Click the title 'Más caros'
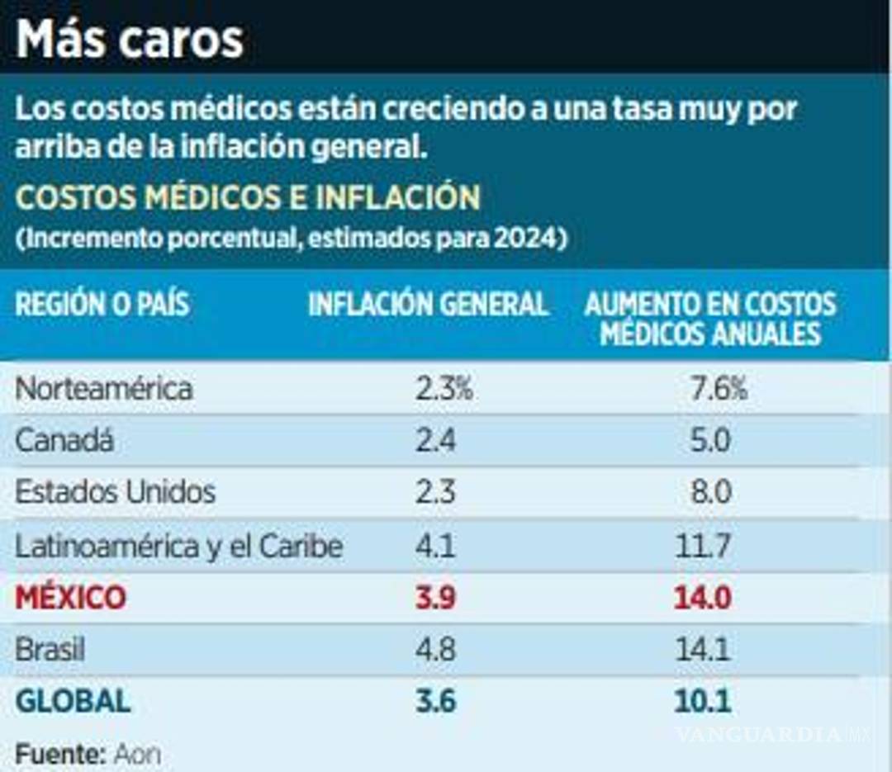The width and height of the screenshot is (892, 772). (130, 39)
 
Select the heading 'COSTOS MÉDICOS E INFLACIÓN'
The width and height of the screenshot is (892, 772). (248, 198)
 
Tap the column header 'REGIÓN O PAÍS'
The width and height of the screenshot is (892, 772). (102, 305)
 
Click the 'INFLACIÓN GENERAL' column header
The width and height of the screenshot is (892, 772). (428, 305)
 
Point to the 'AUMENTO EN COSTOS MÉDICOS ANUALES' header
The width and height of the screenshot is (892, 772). (710, 319)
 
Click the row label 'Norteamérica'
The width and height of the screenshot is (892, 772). (104, 389)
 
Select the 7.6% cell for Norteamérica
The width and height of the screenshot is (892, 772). (719, 389)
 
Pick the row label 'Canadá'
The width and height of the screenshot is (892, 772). (64, 441)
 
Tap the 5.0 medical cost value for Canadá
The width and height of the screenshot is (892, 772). (710, 441)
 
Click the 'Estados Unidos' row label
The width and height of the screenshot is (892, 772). (115, 493)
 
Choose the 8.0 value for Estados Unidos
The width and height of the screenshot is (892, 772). (710, 493)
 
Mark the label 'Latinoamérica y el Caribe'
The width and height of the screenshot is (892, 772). (178, 546)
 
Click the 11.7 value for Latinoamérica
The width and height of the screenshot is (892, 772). (703, 546)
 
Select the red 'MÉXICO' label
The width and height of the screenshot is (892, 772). (71, 598)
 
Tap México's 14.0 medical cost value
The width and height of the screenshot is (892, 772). (703, 598)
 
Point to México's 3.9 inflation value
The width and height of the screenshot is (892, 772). (435, 598)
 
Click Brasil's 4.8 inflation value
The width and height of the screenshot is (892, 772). (435, 650)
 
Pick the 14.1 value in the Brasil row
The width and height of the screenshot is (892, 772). (703, 650)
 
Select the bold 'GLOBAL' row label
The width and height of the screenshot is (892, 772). (73, 702)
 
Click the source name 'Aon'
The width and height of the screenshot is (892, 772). (137, 754)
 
